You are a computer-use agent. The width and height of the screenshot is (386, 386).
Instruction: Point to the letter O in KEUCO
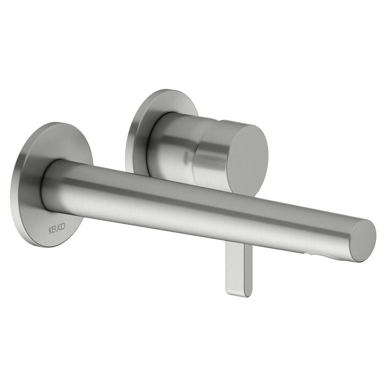[63, 228]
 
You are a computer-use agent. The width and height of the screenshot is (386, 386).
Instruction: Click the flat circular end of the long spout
[362, 241]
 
